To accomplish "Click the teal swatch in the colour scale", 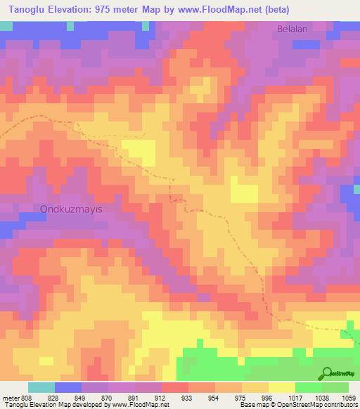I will (41, 387).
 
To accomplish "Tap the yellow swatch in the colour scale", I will (282, 387).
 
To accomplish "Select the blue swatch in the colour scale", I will (68, 387).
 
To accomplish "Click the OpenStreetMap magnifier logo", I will (326, 373).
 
